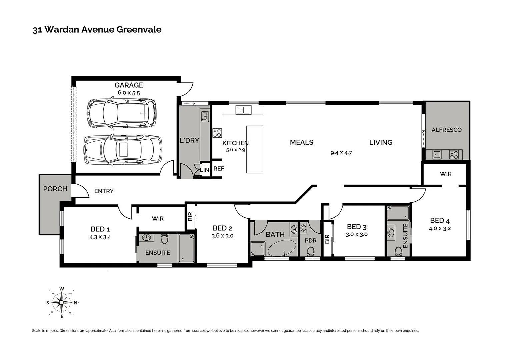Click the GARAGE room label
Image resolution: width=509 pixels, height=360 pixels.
(x=129, y=85)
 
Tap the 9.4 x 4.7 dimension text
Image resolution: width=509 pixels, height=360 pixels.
(x=341, y=153)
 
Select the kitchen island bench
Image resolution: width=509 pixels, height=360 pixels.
(x=254, y=149)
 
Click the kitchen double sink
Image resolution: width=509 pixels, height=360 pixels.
(x=243, y=110)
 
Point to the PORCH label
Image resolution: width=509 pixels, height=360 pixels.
(x=55, y=189)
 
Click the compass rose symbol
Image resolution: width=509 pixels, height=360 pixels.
(x=62, y=303)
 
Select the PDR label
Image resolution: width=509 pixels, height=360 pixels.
(x=310, y=240)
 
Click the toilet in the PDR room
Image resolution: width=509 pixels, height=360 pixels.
(x=311, y=251)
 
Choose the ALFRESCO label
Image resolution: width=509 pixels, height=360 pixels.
(x=446, y=130)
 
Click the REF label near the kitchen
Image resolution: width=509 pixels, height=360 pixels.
(x=219, y=169)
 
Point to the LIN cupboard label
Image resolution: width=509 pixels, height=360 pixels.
(x=204, y=170)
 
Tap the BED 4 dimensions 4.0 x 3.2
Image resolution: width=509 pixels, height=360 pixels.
(x=440, y=229)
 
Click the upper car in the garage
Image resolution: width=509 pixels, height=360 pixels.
(x=121, y=113)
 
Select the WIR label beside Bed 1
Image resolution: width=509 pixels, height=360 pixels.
(x=158, y=219)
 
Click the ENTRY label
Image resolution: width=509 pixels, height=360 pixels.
(x=104, y=191)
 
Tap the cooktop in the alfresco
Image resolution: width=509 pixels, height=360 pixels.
(x=454, y=155)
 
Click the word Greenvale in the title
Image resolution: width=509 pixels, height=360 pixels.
(x=139, y=29)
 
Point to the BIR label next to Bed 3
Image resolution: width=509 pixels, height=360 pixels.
(x=327, y=239)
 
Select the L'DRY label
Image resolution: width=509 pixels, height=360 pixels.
(x=189, y=141)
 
